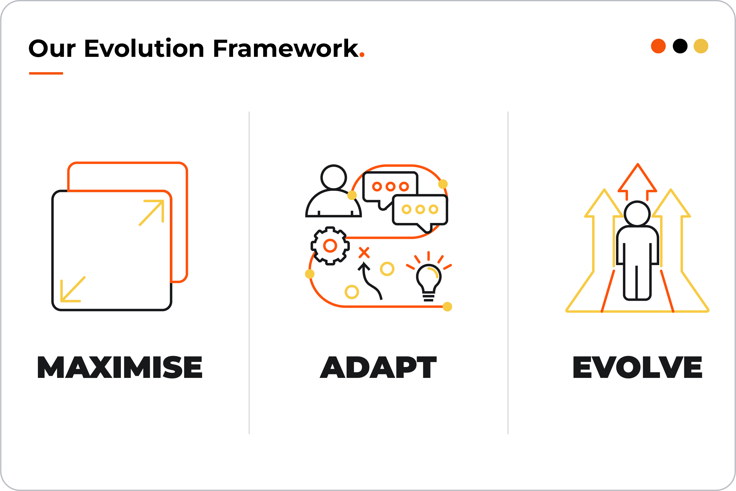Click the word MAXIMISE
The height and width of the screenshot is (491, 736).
click(120, 367)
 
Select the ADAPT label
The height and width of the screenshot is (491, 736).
click(378, 367)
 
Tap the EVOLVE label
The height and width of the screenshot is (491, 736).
click(638, 367)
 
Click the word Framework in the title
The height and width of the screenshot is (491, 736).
click(286, 48)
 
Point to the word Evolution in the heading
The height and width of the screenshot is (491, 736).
click(144, 48)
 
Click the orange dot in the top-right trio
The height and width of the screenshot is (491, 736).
click(658, 46)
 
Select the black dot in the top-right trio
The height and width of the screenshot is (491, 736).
click(680, 46)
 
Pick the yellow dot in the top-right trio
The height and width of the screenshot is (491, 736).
click(701, 46)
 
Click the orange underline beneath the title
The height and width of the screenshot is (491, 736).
click(46, 73)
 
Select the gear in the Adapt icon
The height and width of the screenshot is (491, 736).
click(330, 246)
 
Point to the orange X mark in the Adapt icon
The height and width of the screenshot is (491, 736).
click(364, 252)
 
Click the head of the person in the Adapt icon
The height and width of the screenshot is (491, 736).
click(333, 177)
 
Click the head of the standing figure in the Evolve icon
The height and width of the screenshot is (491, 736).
click(637, 214)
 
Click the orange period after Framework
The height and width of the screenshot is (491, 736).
click(362, 55)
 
